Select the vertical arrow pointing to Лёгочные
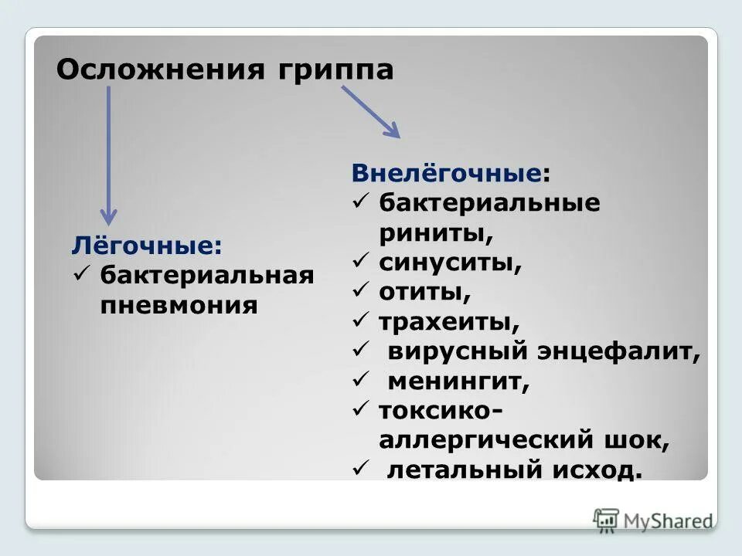(x=109, y=154)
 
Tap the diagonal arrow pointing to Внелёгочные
(x=371, y=111)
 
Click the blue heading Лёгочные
(x=147, y=246)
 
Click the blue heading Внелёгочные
(x=447, y=174)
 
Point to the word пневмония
(x=179, y=305)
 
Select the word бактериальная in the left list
(x=207, y=276)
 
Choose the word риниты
(x=436, y=232)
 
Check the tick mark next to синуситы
(x=359, y=262)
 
